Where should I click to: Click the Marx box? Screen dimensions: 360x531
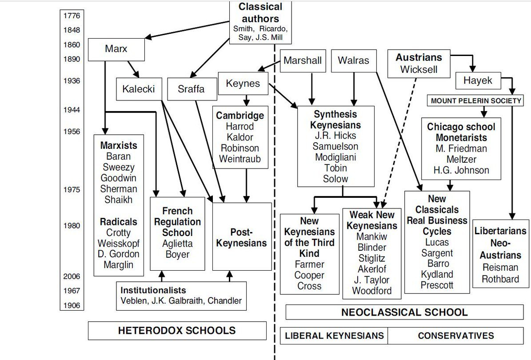click(x=116, y=49)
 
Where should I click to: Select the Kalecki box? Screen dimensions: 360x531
click(x=138, y=89)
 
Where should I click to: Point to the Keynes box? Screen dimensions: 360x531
click(x=243, y=84)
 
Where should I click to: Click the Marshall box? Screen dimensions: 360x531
click(x=303, y=61)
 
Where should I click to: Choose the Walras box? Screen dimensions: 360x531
click(x=353, y=61)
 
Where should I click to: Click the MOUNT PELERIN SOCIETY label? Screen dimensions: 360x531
click(x=476, y=101)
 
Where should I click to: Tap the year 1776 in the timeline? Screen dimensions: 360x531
click(x=72, y=16)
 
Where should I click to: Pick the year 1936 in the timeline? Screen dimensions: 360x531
click(x=72, y=81)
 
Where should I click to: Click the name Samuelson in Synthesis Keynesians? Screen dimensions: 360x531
click(x=335, y=147)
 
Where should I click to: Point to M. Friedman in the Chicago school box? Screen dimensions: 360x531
click(x=461, y=148)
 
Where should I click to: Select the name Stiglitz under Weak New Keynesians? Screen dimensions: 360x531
click(x=372, y=258)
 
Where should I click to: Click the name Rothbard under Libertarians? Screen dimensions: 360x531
click(x=500, y=279)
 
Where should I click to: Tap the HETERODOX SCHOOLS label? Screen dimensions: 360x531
click(x=177, y=331)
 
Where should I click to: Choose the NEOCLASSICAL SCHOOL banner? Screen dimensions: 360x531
click(x=404, y=312)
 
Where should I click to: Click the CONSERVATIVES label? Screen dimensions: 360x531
click(x=455, y=336)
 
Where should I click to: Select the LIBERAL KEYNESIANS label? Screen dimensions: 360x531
click(x=334, y=336)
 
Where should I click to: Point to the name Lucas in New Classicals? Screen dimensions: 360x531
click(x=437, y=243)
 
